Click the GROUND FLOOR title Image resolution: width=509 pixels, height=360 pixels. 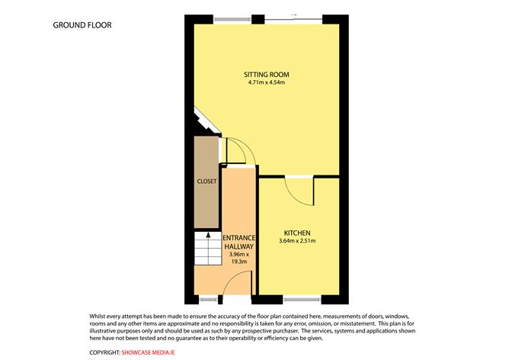click(x=82, y=25)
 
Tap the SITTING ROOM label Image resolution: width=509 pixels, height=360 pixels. click(x=266, y=74)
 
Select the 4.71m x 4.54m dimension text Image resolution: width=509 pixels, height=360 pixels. click(x=266, y=83)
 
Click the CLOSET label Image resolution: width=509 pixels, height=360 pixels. click(x=206, y=182)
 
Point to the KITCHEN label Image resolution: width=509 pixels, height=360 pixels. click(x=297, y=232)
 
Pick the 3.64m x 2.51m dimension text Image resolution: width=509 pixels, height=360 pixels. click(x=297, y=241)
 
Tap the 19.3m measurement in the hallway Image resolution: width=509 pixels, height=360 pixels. click(x=238, y=261)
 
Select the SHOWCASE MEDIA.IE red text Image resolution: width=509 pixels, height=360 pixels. click(x=155, y=352)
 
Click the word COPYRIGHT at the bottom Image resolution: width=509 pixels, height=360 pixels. click(x=104, y=352)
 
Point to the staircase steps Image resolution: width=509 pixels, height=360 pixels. click(x=204, y=248)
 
